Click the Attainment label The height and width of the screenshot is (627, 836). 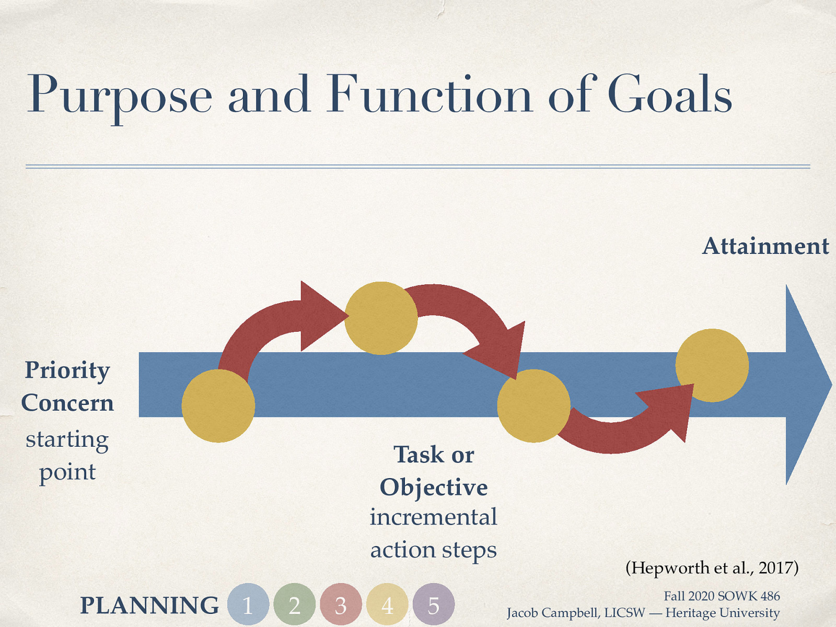[x=765, y=246]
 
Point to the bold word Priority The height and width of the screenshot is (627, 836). [x=67, y=371]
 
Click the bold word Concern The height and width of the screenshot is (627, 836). [x=67, y=403]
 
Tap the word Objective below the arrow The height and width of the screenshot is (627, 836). [x=434, y=487]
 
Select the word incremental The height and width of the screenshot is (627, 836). [x=434, y=517]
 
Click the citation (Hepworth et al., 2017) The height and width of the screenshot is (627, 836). [x=712, y=567]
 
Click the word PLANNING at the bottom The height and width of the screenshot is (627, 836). [x=149, y=606]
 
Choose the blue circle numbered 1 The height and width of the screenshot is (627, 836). [x=248, y=605]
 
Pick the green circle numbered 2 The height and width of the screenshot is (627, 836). [x=295, y=605]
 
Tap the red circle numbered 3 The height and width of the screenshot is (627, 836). [x=341, y=605]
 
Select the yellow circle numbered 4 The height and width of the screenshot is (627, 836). [x=387, y=605]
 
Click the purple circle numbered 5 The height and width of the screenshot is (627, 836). [x=434, y=605]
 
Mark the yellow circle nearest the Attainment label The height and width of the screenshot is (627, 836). [x=712, y=365]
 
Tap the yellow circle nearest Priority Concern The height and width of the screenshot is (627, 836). [x=218, y=406]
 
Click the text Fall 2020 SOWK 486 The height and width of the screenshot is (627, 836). [x=722, y=596]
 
